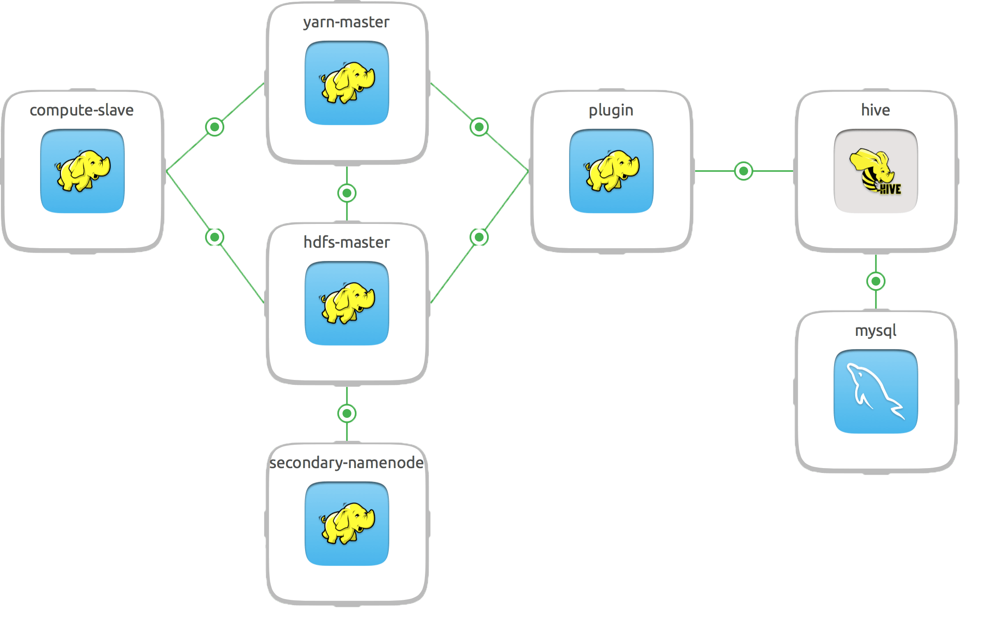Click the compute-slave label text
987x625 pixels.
pyautogui.click(x=82, y=110)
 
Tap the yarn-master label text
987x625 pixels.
pyautogui.click(x=346, y=22)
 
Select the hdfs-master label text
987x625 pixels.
pyautogui.click(x=346, y=242)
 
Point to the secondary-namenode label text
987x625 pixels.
pyautogui.click(x=346, y=463)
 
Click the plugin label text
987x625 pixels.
pyautogui.click(x=611, y=110)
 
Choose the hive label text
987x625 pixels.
pyautogui.click(x=875, y=110)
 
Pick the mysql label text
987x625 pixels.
pyautogui.click(x=875, y=331)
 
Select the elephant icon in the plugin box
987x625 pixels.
pyautogui.click(x=611, y=171)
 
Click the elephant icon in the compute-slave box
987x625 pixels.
pyautogui.click(x=82, y=171)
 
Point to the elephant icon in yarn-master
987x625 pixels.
pyautogui.click(x=347, y=83)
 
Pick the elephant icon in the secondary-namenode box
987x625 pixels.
pyautogui.click(x=347, y=524)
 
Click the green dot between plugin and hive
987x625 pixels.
pyautogui.click(x=744, y=171)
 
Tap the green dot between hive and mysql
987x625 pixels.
pyautogui.click(x=876, y=281)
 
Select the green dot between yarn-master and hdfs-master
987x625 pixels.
pyautogui.click(x=347, y=193)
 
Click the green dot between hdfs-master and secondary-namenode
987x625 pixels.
pyautogui.click(x=347, y=413)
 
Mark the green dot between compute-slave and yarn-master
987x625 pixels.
pyautogui.click(x=215, y=127)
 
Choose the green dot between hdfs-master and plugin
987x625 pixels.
pyautogui.click(x=479, y=237)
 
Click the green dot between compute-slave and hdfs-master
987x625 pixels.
pyautogui.click(x=215, y=237)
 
